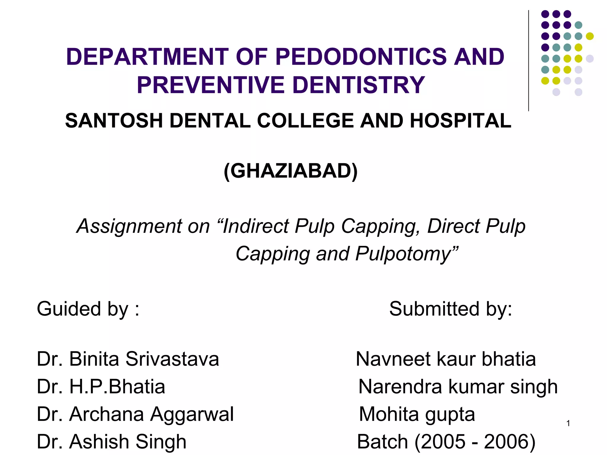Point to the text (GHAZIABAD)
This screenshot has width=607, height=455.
[x=290, y=171]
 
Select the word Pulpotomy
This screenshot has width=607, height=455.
[x=406, y=254]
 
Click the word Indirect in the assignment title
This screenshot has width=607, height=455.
[x=255, y=226]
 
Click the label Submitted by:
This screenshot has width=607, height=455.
[x=451, y=309]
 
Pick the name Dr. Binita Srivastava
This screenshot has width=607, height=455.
[x=128, y=359]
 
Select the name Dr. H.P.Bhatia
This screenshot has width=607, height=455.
[x=101, y=387]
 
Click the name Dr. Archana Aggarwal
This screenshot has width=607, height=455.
[x=135, y=414]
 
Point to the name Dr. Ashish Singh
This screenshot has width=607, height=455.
[x=111, y=442]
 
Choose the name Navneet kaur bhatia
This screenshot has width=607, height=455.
[x=446, y=359]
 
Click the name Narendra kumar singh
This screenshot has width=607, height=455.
[x=458, y=387]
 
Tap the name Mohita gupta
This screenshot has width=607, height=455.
[x=417, y=414]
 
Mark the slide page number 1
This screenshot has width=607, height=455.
[x=568, y=424]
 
